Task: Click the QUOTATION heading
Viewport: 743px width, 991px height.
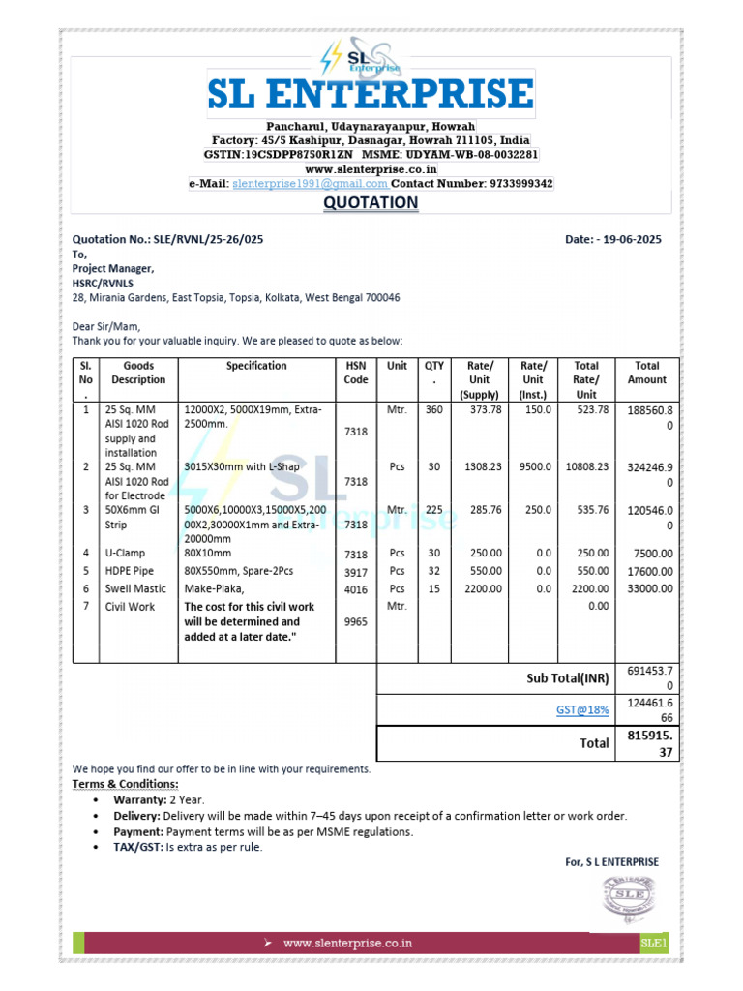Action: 371,203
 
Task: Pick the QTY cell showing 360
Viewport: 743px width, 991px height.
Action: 432,410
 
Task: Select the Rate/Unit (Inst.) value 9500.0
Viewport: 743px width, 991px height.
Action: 534,466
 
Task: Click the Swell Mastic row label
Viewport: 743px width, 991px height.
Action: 135,588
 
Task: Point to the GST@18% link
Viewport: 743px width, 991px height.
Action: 582,709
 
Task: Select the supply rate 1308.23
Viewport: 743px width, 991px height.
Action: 479,466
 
